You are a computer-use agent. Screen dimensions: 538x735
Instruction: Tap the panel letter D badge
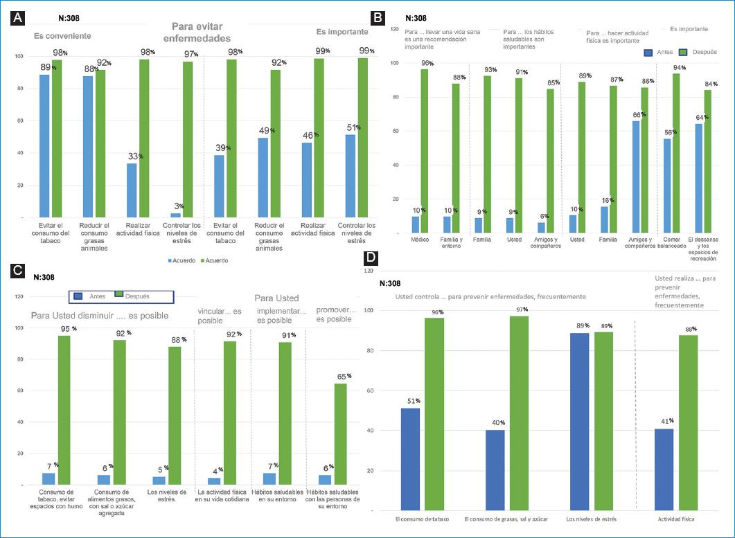372,259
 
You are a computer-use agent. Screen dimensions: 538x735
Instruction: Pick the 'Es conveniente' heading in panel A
63,36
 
